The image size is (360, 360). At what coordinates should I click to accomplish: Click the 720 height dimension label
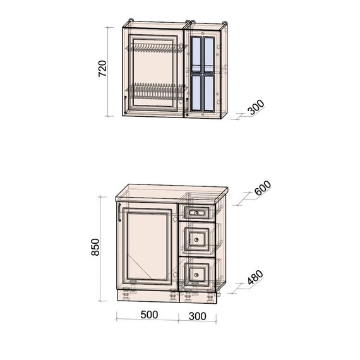(102, 68)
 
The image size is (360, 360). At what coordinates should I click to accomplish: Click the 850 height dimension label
(95, 247)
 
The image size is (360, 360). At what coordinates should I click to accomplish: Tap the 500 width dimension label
(149, 315)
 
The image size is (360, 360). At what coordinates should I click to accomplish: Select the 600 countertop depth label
(263, 188)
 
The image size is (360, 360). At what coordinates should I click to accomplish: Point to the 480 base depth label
(255, 277)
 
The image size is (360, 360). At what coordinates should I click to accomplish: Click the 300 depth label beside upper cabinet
(256, 107)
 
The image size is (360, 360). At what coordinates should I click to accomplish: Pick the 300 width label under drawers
(198, 316)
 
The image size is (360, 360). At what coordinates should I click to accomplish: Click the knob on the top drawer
(196, 213)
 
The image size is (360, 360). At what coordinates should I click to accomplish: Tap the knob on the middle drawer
(196, 240)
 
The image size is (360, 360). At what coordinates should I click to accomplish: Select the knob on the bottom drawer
(196, 275)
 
